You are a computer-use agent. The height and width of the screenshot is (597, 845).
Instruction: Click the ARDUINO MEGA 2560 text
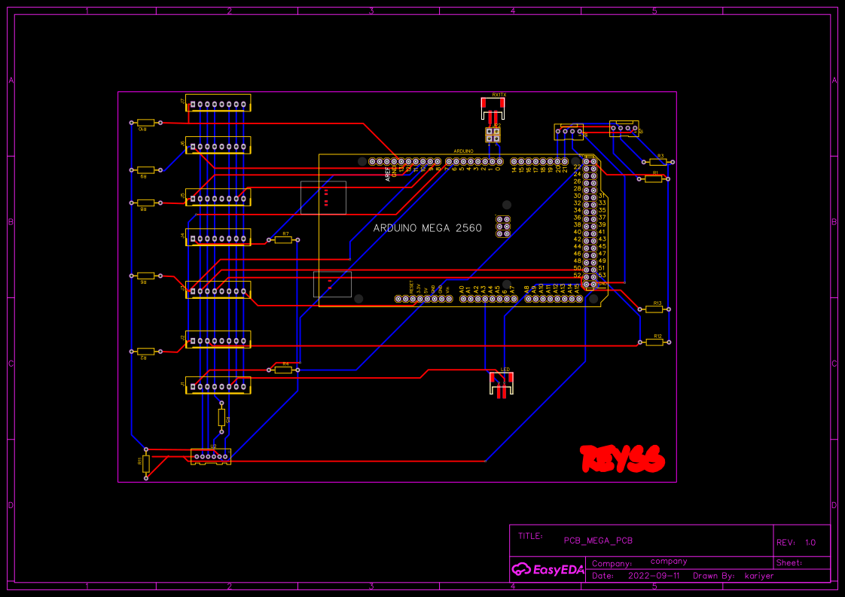pyautogui.click(x=428, y=227)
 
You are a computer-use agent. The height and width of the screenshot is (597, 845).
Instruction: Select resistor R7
pyautogui.click(x=283, y=240)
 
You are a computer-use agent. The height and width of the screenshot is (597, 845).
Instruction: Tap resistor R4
pyautogui.click(x=284, y=370)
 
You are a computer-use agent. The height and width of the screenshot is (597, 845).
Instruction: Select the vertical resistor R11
pyautogui.click(x=146, y=463)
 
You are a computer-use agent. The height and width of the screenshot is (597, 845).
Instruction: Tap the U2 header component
pyautogui.click(x=211, y=455)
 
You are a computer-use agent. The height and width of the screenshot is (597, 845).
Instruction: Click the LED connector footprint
pyautogui.click(x=502, y=385)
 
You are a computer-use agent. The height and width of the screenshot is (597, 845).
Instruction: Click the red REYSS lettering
pyautogui.click(x=622, y=458)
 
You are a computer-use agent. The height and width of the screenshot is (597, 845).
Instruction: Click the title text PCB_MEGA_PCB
pyautogui.click(x=598, y=541)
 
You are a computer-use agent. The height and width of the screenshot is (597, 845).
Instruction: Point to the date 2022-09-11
pyautogui.click(x=653, y=576)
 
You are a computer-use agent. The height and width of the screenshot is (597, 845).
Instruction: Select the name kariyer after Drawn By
pyautogui.click(x=759, y=576)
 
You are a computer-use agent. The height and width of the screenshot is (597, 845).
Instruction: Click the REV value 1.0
pyautogui.click(x=810, y=543)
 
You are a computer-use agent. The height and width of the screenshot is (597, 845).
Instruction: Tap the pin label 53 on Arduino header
pyautogui.click(x=602, y=276)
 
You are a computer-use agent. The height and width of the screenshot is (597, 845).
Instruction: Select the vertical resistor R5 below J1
pyautogui.click(x=221, y=417)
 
